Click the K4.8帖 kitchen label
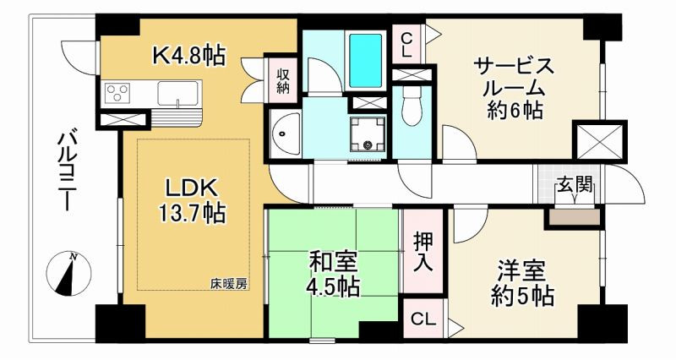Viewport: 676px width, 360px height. click(x=188, y=56)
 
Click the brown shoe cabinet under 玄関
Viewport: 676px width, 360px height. click(x=574, y=216)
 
